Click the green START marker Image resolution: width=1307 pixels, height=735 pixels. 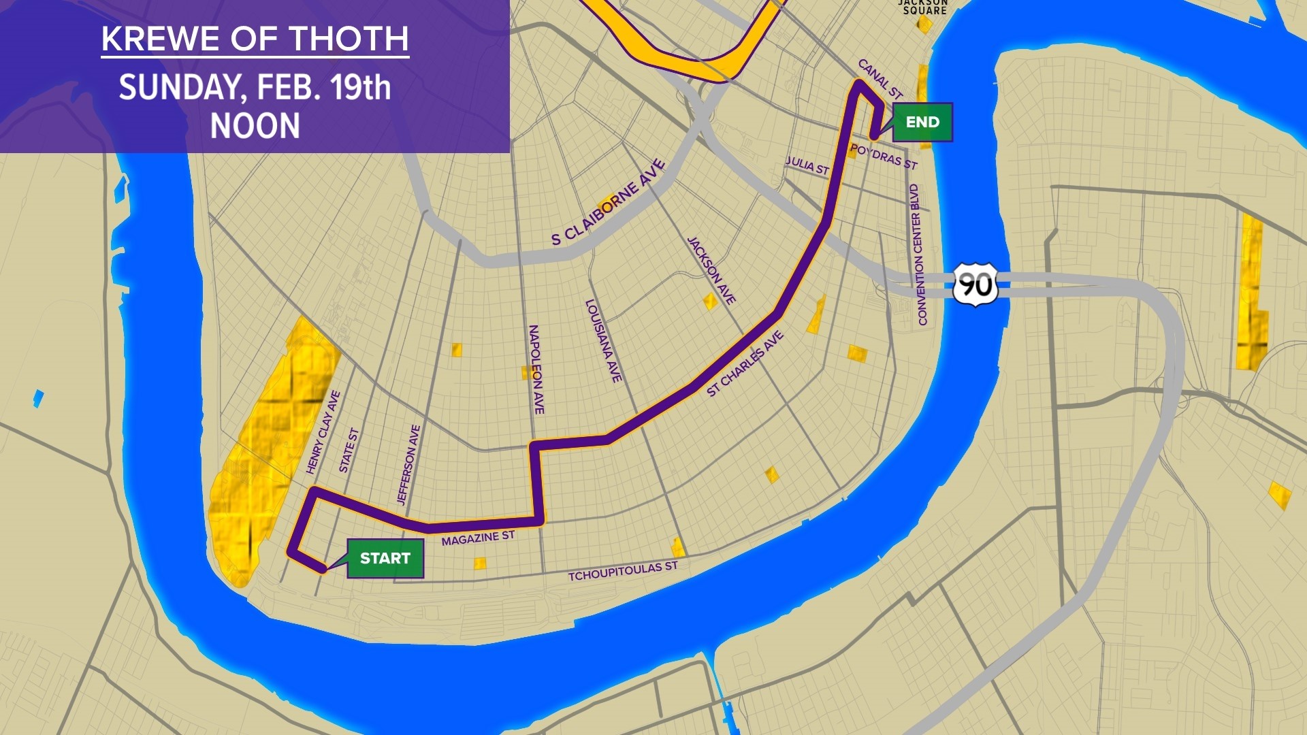[x=385, y=558]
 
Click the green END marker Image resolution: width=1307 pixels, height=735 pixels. [x=922, y=122]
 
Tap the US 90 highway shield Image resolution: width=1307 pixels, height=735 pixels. [x=975, y=284]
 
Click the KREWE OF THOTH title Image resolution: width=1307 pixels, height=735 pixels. [x=255, y=39]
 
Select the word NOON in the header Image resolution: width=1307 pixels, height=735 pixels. [x=255, y=127]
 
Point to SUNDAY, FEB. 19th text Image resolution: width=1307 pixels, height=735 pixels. [x=255, y=88]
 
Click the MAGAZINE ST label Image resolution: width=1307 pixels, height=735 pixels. [x=478, y=538]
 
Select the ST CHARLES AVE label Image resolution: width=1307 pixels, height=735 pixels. [x=745, y=364]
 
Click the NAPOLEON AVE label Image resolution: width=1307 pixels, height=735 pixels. [x=536, y=369]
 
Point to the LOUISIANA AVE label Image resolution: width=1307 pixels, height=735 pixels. [x=604, y=341]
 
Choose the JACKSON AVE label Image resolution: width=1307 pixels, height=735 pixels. [x=711, y=270]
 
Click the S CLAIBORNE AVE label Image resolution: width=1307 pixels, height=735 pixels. [x=608, y=202]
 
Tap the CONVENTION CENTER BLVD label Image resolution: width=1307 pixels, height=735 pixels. [x=918, y=255]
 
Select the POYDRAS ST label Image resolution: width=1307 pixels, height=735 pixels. [x=884, y=157]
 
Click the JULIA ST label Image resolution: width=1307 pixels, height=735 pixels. [x=807, y=165]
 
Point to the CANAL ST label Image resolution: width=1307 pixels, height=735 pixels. [x=880, y=79]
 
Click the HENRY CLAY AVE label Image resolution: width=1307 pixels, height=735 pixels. [x=323, y=432]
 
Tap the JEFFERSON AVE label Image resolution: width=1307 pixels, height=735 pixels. [x=408, y=465]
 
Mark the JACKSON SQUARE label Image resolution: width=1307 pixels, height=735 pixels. [x=924, y=7]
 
